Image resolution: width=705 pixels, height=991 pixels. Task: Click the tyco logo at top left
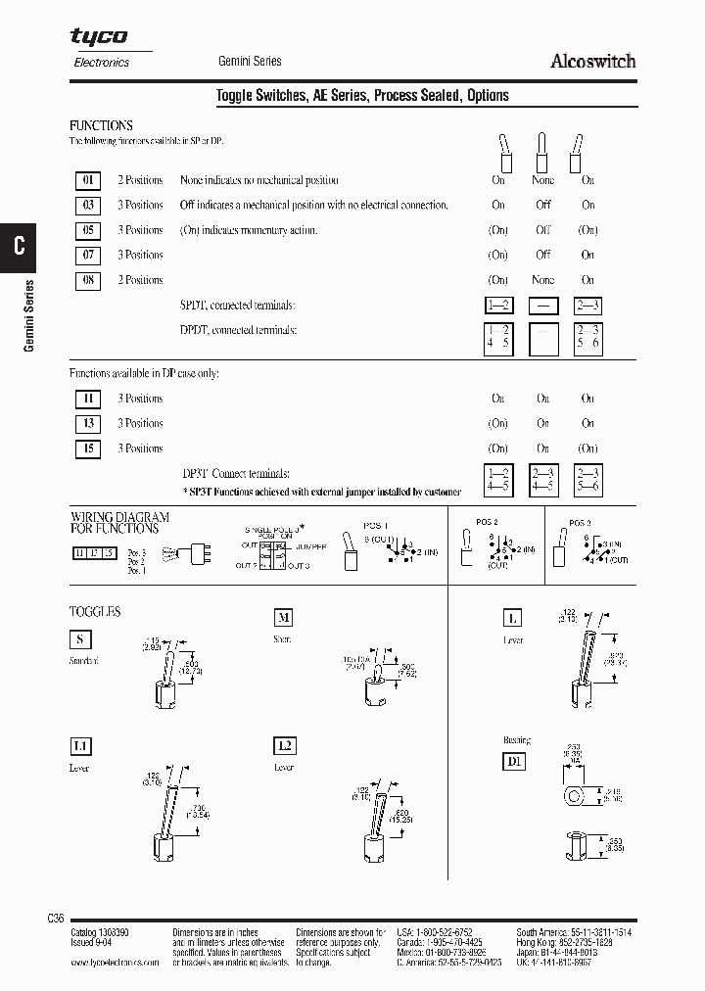tap(98, 36)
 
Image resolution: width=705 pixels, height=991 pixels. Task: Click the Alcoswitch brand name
tap(592, 61)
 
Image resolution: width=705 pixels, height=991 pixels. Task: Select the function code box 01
tap(88, 180)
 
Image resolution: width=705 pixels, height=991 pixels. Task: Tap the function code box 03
tap(88, 206)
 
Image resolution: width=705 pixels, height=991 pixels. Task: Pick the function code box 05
tap(88, 231)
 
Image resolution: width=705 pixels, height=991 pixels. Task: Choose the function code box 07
tap(88, 256)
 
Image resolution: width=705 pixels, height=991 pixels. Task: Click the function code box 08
tap(88, 281)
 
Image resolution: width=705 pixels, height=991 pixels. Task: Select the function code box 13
tap(88, 424)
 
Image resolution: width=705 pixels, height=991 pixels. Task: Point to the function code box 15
tap(88, 449)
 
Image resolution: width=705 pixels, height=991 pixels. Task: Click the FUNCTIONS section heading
tap(101, 126)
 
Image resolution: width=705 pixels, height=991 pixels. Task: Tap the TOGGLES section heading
tap(95, 612)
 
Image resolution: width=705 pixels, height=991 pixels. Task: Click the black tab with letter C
tap(20, 246)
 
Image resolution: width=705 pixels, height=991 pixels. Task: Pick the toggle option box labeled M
tap(283, 617)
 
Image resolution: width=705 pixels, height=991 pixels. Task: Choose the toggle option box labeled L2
tap(283, 746)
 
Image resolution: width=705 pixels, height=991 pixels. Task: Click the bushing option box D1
tap(514, 760)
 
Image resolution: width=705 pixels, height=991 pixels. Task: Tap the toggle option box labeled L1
tap(80, 746)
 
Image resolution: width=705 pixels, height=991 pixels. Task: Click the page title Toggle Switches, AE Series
tap(362, 95)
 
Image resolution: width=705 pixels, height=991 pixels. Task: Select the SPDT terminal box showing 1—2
tap(498, 306)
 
